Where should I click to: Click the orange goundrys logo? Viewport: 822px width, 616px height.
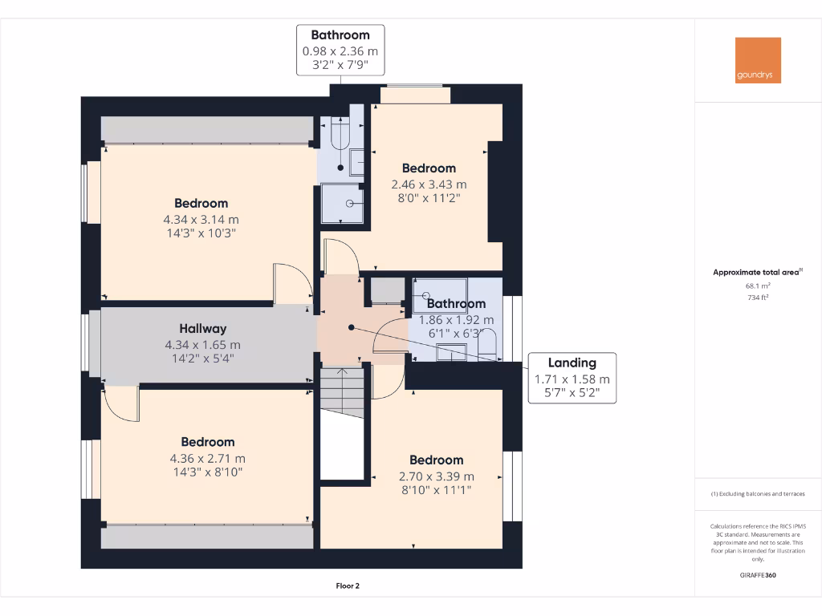[758, 60]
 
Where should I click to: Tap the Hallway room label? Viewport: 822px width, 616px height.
[202, 328]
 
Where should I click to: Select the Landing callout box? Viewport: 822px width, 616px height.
[572, 378]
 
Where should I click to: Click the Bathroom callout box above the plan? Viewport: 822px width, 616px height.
[340, 50]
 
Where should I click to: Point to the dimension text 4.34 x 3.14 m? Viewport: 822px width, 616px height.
[201, 219]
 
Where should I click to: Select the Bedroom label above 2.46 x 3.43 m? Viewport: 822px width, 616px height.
[429, 168]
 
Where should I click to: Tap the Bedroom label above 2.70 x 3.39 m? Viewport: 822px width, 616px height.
[436, 460]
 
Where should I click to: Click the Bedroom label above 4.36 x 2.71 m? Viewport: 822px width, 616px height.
[207, 442]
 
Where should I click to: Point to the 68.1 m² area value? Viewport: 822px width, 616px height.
[758, 285]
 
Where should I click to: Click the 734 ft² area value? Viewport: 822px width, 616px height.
[758, 297]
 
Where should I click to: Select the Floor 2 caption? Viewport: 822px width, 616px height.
[348, 586]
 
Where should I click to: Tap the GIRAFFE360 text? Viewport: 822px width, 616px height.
[758, 575]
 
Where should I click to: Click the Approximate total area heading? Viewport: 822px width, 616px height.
[756, 273]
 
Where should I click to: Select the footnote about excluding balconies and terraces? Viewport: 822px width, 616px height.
[757, 494]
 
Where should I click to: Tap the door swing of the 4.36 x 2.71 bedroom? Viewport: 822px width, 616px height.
[120, 403]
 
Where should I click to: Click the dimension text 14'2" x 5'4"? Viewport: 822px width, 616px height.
[202, 358]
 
